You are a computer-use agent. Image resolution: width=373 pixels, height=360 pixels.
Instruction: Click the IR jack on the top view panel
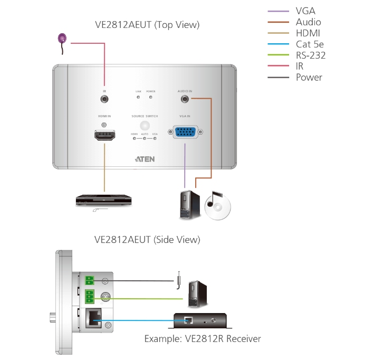[104, 99]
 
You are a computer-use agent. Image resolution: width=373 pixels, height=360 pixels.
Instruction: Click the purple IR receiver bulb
[62, 38]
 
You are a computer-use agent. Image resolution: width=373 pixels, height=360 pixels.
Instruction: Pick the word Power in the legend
[309, 78]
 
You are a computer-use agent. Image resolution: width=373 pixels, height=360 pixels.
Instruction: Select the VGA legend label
[306, 11]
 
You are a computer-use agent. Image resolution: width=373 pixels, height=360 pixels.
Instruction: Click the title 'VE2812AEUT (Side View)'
[147, 240]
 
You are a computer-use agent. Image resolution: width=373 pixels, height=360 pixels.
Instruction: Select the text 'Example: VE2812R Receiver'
[203, 338]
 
